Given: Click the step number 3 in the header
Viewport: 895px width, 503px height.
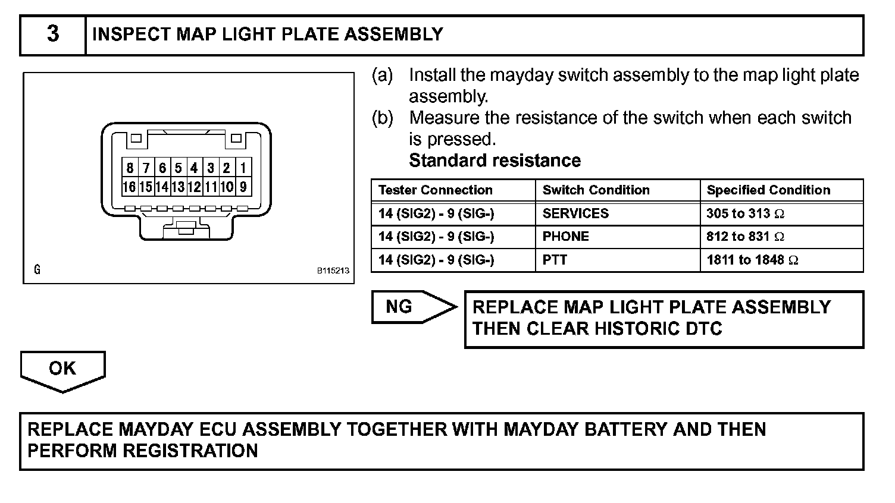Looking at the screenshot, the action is [53, 34].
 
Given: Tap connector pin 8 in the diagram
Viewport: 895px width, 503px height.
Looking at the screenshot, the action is [130, 168].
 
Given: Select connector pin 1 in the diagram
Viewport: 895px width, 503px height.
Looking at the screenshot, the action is [243, 168].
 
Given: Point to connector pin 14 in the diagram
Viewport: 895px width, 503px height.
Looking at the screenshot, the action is [161, 187].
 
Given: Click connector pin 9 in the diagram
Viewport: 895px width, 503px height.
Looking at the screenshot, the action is [243, 187].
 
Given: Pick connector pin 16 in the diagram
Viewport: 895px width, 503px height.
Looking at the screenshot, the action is [129, 187].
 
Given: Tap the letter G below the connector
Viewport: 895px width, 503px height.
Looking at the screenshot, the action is [37, 270].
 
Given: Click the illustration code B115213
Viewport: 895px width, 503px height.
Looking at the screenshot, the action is [333, 271].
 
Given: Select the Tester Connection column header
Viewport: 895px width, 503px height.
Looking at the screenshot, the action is [436, 190].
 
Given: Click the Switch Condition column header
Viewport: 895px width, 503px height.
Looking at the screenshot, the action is [596, 190].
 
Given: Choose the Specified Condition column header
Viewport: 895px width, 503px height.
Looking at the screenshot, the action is [768, 190].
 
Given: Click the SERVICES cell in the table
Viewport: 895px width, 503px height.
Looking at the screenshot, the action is [575, 213].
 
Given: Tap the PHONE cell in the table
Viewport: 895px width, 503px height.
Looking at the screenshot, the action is [565, 237].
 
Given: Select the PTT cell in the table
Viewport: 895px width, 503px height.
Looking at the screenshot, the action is [555, 260].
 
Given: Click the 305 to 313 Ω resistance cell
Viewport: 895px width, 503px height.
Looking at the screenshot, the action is [745, 213].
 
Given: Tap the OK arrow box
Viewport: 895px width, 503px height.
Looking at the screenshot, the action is [62, 369].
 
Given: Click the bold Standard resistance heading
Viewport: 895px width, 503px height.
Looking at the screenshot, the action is [495, 161].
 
